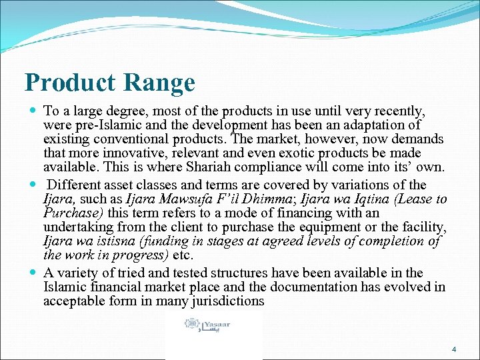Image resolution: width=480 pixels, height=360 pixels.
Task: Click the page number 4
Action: tap(454, 349)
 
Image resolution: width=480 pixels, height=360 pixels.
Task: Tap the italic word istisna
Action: tap(117, 241)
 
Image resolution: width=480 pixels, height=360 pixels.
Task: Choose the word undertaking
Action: tap(75, 227)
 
